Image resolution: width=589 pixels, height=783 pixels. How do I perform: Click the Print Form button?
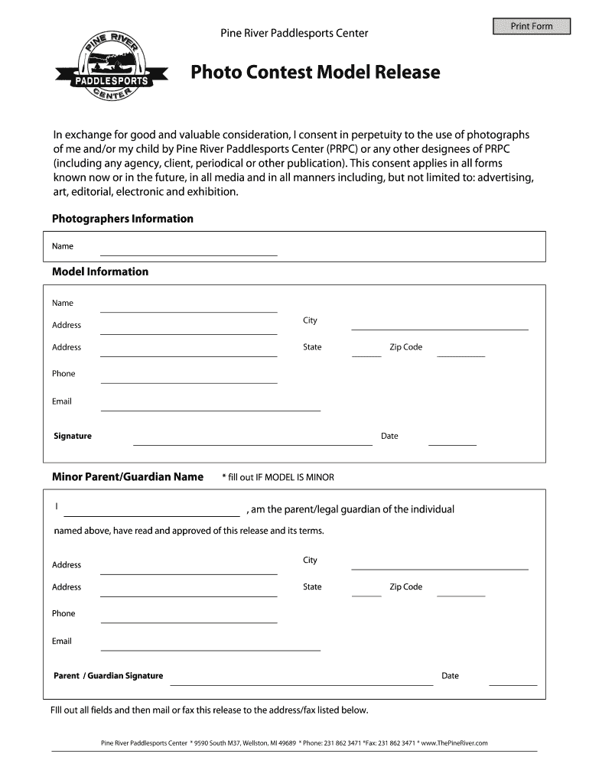click(x=532, y=27)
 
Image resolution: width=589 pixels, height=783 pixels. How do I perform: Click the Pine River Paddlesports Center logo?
click(x=112, y=69)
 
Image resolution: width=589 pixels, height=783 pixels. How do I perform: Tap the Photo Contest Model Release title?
click(x=315, y=73)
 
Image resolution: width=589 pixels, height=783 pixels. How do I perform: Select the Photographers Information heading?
click(x=122, y=219)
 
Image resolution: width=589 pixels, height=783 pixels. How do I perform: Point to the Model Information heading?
click(x=100, y=271)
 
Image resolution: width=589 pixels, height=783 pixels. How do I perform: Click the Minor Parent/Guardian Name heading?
click(x=128, y=477)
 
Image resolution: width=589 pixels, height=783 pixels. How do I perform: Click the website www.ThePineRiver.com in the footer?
click(x=454, y=742)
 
